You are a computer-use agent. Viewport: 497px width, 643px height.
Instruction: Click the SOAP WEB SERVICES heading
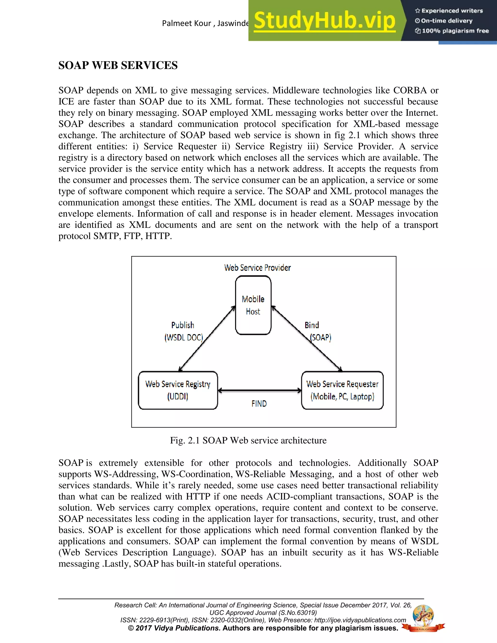118,65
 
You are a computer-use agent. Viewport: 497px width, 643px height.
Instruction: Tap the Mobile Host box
253,305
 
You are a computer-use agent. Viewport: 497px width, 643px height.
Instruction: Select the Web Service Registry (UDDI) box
178,390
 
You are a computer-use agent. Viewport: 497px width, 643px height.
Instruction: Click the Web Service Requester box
342,390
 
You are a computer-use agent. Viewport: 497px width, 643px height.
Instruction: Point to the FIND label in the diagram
259,404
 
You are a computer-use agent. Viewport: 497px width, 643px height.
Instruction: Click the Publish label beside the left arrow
182,325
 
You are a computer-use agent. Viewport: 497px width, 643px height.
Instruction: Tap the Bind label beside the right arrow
312,325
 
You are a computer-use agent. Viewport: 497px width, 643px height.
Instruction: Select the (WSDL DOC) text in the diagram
184,338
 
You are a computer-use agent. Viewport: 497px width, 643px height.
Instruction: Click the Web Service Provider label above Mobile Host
257,268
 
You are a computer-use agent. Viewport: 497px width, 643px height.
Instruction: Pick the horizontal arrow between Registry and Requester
259,391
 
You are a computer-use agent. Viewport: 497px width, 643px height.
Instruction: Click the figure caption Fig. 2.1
248,440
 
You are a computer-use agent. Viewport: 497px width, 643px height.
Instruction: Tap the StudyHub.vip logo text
324,21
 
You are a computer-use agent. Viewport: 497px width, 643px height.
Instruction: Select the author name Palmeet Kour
186,23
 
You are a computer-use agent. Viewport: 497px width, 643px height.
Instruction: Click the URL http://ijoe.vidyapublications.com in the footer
360,620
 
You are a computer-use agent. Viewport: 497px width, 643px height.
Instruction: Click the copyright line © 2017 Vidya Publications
174,628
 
